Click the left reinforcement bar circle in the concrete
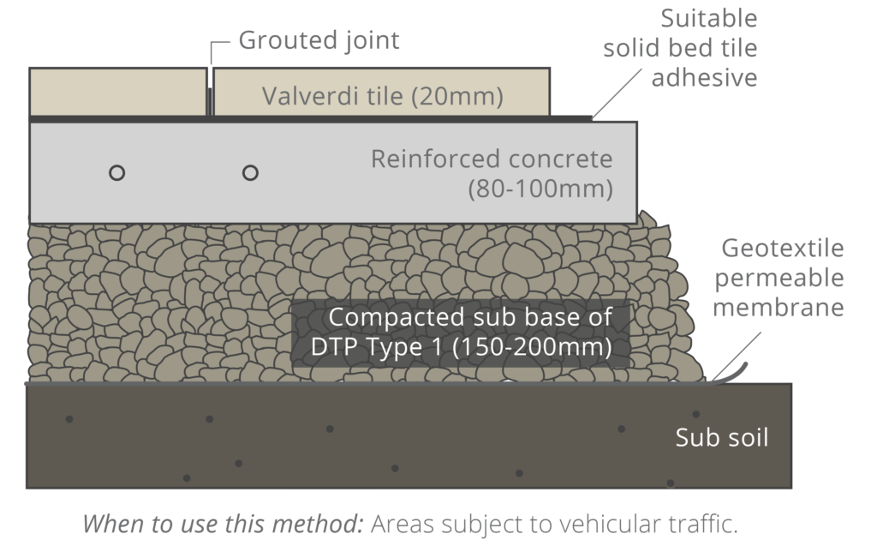(117, 172)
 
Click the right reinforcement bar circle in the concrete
(250, 172)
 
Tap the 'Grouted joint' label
(319, 40)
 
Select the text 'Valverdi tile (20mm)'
(382, 95)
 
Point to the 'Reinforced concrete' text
(492, 159)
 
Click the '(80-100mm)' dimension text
(540, 189)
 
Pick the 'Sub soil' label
(721, 438)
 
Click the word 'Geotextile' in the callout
(782, 249)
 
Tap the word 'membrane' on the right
(778, 307)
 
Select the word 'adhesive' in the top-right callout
(704, 77)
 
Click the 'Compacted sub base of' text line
(470, 317)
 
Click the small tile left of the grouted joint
(117, 91)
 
